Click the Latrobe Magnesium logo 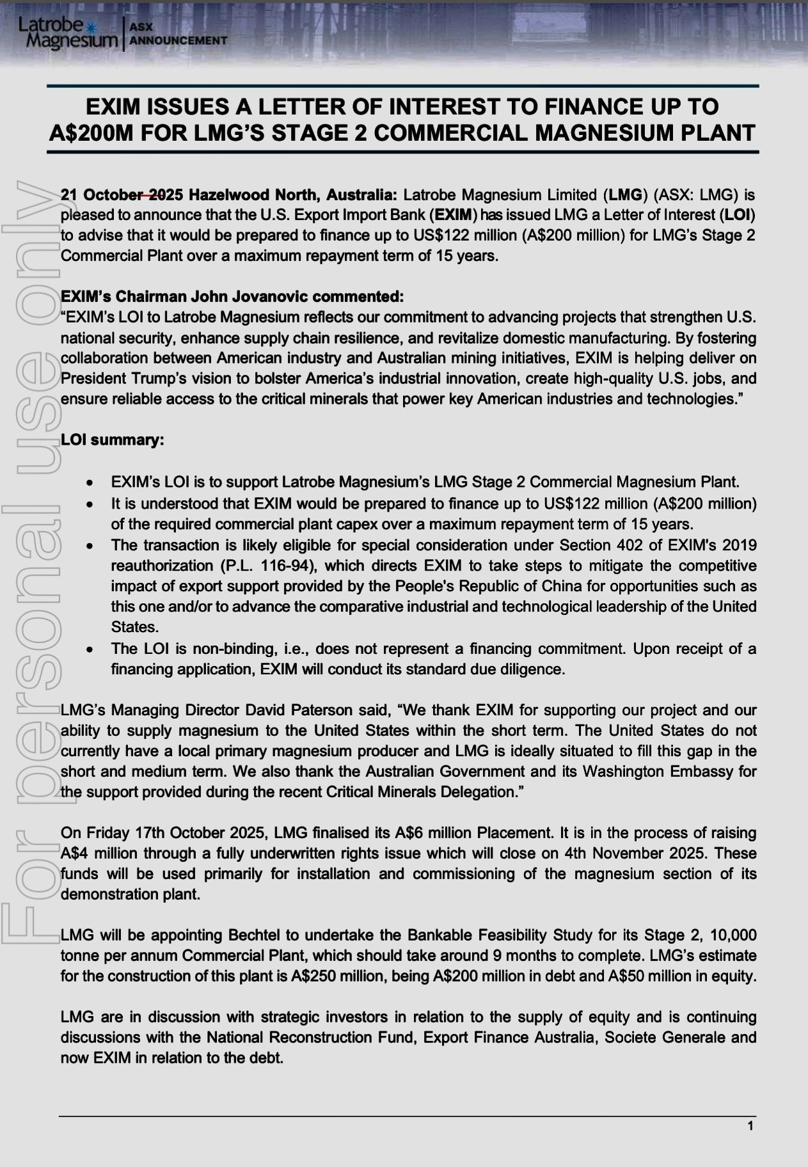[68, 33]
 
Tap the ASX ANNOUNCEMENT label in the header [177, 34]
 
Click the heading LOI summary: [112, 440]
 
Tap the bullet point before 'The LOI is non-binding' [92, 650]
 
